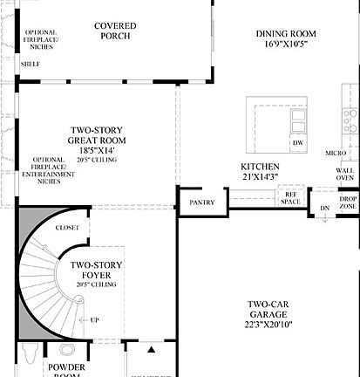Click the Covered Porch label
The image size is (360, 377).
click(115, 31)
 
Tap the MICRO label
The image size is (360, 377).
click(336, 154)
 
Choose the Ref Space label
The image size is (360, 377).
click(290, 198)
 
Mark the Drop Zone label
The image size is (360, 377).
click(348, 202)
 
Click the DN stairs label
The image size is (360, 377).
click(323, 209)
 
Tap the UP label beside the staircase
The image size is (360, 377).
click(93, 320)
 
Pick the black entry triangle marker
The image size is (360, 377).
click(152, 349)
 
